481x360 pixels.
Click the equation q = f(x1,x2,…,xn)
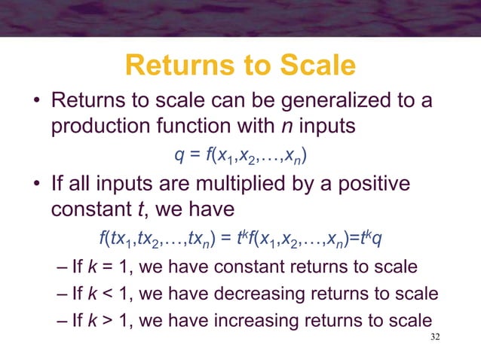(240, 156)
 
